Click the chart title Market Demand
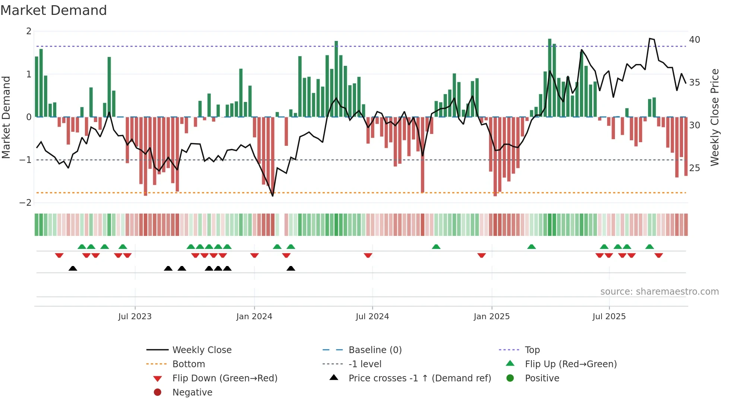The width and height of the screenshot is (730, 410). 54,10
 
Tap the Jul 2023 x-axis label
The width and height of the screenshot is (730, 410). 135,317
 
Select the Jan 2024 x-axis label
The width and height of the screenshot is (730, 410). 254,317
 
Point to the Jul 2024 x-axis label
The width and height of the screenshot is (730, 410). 372,317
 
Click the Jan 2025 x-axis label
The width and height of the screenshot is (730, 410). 492,317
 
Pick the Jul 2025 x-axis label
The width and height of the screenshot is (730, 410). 609,317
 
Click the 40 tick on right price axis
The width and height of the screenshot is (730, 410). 695,40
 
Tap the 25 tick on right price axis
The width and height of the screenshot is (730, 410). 695,168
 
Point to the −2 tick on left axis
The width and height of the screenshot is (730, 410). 26,203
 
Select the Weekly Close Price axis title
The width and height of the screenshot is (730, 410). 714,117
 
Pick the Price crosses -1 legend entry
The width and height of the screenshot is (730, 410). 420,378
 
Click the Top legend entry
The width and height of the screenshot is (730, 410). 532,350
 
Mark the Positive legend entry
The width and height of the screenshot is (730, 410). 542,378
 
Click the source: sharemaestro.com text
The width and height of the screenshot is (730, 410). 659,292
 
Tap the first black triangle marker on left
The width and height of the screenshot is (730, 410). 73,269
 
